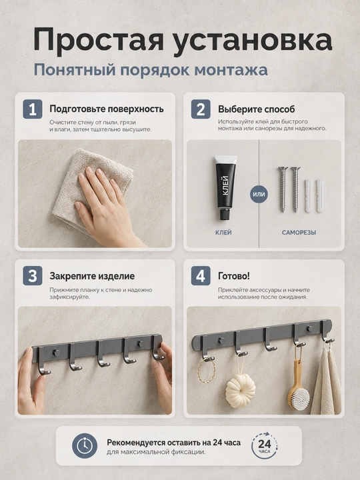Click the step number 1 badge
pos(33,109)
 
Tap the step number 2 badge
pos(201,109)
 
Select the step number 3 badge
pos(33,276)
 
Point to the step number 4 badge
pos(201,276)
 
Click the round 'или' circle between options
pos(259,195)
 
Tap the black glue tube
pos(226,187)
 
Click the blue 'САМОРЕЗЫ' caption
pos(299,233)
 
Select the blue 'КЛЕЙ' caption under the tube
pos(223,233)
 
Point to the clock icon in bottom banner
pos(85,446)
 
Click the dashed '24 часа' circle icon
pos(264,445)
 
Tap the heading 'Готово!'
pos(234,276)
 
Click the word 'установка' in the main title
pos(252,41)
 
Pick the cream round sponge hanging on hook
pos(241,389)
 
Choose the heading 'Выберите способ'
pos(257,109)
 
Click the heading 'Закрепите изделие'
pos(92,276)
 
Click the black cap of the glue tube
pos(225,214)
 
